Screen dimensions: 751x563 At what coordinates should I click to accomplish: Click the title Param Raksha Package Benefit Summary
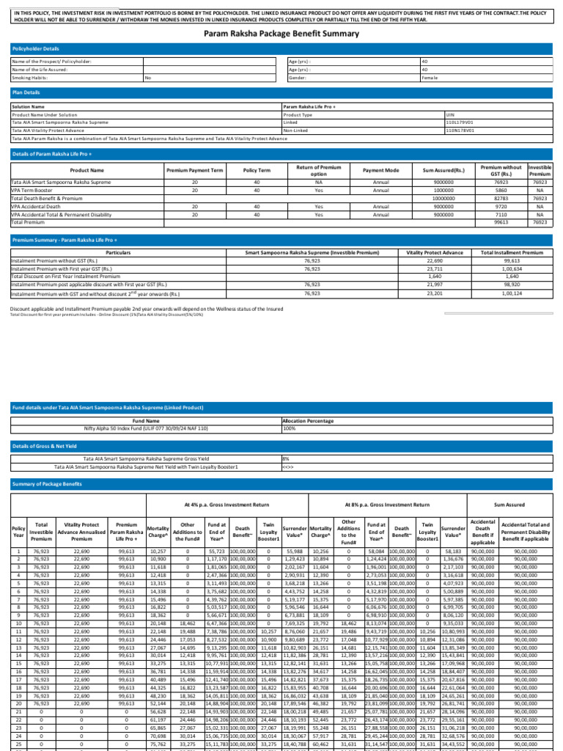click(x=281, y=34)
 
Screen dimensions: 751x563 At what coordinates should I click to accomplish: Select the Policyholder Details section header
click(x=36, y=48)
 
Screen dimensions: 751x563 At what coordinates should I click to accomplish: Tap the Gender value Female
click(x=430, y=77)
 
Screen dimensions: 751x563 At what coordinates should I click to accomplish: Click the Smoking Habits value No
click(x=148, y=77)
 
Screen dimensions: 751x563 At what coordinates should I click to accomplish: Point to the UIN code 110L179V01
click(x=460, y=122)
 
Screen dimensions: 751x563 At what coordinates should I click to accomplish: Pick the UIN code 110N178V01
click(x=460, y=130)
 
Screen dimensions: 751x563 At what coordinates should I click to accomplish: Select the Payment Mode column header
click(x=380, y=170)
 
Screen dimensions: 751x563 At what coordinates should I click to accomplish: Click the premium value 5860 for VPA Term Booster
click(x=501, y=190)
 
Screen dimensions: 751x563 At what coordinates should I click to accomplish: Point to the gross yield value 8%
click(x=286, y=458)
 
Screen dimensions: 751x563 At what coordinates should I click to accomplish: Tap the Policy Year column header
click(x=18, y=530)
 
